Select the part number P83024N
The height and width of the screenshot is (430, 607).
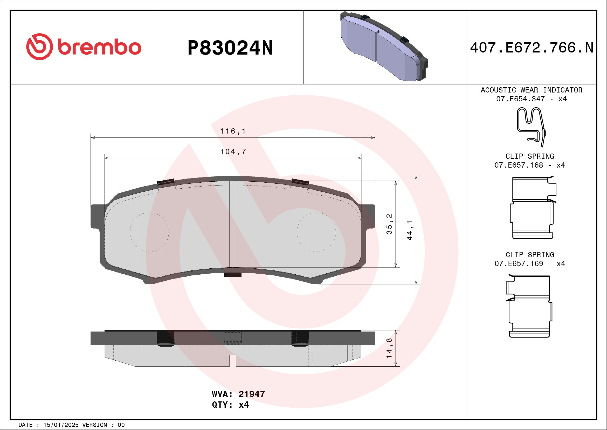click(230, 48)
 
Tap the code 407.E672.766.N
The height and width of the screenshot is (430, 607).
click(532, 48)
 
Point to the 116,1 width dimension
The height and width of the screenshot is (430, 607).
click(233, 131)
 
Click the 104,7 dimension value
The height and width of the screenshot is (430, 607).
click(233, 152)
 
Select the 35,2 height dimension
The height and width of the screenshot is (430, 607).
click(389, 224)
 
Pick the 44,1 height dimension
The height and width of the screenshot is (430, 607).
click(410, 230)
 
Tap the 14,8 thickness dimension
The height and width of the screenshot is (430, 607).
click(389, 348)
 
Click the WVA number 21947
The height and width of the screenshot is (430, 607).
click(251, 394)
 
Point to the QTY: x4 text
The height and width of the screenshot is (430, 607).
click(230, 405)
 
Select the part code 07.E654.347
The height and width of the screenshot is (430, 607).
click(520, 99)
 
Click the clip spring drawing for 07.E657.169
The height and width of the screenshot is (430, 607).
click(529, 306)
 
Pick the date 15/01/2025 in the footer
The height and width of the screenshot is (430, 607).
click(61, 425)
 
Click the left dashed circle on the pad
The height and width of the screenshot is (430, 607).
click(149, 232)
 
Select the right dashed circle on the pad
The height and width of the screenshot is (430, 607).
click(316, 232)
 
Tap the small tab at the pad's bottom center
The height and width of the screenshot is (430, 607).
click(233, 275)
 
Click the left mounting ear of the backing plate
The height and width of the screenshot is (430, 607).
click(97, 216)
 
